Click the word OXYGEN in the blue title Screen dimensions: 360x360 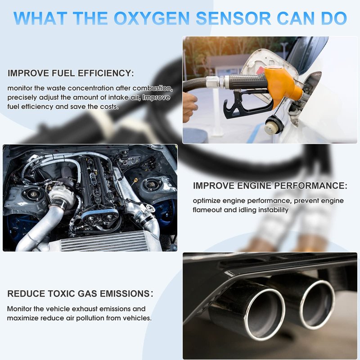coord(152,18)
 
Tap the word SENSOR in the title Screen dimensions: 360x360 coord(233,18)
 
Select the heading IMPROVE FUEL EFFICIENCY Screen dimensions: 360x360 coord(71,73)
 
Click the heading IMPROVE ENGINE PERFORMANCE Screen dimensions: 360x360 coord(270,185)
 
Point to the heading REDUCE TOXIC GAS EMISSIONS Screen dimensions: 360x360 coord(80,294)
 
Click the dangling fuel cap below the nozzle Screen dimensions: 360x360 coord(273,125)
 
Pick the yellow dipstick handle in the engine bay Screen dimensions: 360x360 coord(135,180)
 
